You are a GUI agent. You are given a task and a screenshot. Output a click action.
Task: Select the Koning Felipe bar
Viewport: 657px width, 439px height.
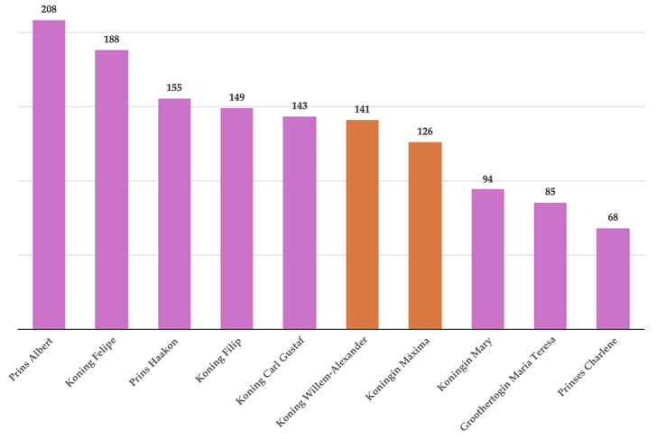tap(112, 189)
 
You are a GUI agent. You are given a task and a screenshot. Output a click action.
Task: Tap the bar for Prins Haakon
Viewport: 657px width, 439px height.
tap(174, 214)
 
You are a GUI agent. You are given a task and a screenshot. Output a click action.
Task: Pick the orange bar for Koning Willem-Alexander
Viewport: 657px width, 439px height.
tap(362, 224)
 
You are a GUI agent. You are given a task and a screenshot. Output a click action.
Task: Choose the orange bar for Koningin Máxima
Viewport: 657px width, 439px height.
tap(425, 235)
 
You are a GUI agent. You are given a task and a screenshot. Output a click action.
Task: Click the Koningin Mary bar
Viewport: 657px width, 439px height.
tap(487, 259)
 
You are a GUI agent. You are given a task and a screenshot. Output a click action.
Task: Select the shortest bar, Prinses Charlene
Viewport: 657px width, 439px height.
tap(613, 279)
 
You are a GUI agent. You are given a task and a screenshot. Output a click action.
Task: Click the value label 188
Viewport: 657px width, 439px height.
tap(112, 40)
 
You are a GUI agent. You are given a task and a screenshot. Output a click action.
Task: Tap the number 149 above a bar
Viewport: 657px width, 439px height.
tap(236, 97)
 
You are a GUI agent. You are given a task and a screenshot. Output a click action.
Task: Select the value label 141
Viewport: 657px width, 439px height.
tap(362, 109)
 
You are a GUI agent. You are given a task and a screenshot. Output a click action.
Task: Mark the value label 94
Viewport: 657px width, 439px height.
tap(487, 178)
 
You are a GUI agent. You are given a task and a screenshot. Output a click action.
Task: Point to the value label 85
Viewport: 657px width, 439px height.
tap(550, 192)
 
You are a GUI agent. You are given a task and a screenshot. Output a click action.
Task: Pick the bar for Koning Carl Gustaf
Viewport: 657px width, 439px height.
tap(300, 223)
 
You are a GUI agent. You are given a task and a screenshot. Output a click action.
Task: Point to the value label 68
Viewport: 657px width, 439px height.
tap(613, 217)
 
